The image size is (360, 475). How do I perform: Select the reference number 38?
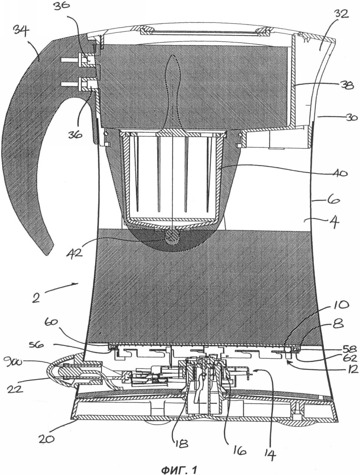345,86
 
